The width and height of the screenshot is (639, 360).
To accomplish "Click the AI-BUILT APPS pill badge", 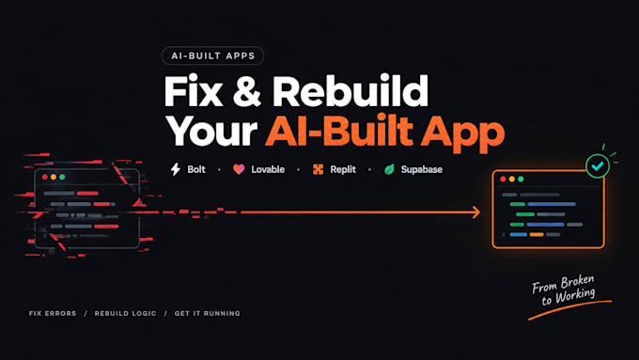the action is click(x=212, y=55).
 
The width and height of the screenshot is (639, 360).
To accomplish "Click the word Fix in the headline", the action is click(x=194, y=90).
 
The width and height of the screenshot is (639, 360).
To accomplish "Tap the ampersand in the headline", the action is click(x=247, y=91).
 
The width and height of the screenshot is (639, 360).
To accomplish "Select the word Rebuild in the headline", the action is click(x=351, y=90).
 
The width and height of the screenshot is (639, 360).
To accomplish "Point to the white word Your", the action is click(x=211, y=131).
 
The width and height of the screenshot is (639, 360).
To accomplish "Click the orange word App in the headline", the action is click(x=462, y=133).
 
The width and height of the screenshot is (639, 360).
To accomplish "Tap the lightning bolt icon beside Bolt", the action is click(x=176, y=169).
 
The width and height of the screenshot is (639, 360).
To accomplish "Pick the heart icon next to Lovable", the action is click(x=239, y=169).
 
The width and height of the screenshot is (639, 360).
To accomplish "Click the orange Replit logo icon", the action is click(x=318, y=169).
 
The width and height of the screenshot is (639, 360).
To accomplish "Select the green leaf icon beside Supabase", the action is click(x=389, y=169).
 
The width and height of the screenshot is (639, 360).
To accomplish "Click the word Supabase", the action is click(x=421, y=169).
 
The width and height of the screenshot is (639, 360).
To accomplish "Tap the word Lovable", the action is click(x=268, y=169).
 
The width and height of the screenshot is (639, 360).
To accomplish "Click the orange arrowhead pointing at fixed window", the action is click(x=476, y=212).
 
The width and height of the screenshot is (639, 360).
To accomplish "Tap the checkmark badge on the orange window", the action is click(x=598, y=166).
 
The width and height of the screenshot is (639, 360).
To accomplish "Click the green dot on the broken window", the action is click(x=62, y=177).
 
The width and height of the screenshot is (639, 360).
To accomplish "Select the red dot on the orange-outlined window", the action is click(x=503, y=179).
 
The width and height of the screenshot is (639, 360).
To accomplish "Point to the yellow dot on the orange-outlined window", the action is click(x=512, y=179).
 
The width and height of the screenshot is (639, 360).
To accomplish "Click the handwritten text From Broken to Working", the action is click(x=564, y=290).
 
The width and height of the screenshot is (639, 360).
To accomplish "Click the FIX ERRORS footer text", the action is click(x=53, y=314).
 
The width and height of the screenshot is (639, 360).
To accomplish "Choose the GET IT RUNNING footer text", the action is click(x=208, y=314).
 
